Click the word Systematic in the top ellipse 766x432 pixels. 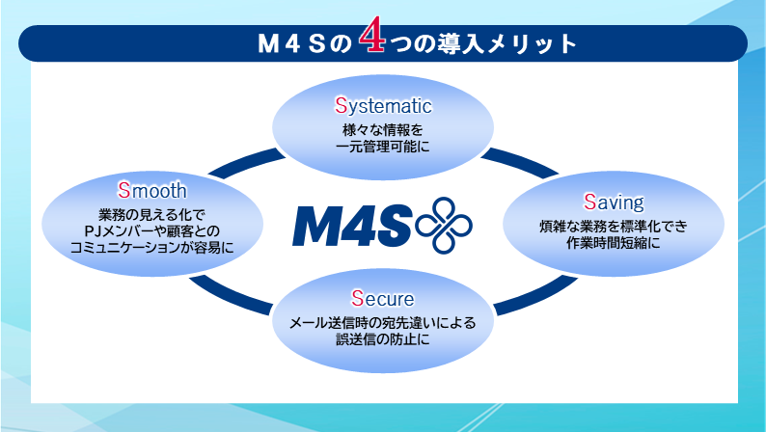pos(383,105)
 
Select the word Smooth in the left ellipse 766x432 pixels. pos(152,189)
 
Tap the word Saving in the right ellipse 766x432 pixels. pos(613,202)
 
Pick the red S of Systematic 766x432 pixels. pos(341,105)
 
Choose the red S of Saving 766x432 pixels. pos(589,202)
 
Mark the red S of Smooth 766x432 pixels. pos(123,189)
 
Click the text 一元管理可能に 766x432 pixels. pos(382,148)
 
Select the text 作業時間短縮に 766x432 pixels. pos(613,244)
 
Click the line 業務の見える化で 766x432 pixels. pos(152,213)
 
